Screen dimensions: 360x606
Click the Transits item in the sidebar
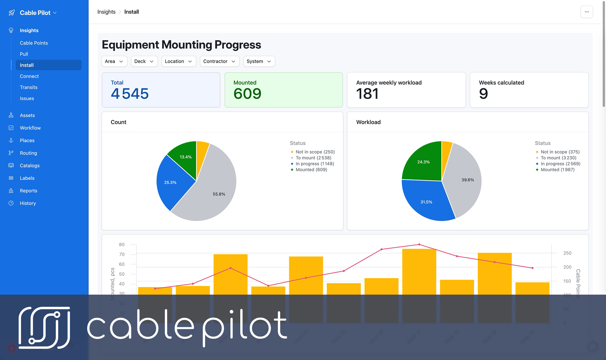click(x=29, y=87)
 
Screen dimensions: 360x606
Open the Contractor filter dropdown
click(x=219, y=61)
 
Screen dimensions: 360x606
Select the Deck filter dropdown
click(x=144, y=61)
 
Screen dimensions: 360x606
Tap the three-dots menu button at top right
click(x=586, y=12)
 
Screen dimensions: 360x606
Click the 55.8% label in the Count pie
click(x=219, y=194)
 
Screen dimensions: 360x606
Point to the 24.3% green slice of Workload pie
click(x=423, y=162)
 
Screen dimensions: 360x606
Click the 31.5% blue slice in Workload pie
click(x=426, y=202)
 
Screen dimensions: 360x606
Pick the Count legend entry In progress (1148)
click(x=315, y=164)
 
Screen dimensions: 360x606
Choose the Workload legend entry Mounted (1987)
click(x=557, y=169)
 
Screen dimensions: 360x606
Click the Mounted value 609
click(x=247, y=94)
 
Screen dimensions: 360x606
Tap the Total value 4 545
click(x=130, y=94)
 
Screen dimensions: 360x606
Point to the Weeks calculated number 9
click(x=483, y=94)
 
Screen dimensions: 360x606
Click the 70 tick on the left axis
click(x=122, y=254)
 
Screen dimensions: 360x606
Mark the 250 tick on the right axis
click(x=567, y=253)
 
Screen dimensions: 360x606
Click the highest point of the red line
click(x=419, y=245)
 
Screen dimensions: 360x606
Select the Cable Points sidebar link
click(x=34, y=43)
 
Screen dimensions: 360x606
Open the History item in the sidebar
click(x=28, y=203)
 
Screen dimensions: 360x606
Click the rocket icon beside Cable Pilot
click(x=12, y=13)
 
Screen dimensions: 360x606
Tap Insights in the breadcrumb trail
click(x=106, y=12)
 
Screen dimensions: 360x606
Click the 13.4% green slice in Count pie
click(x=186, y=157)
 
